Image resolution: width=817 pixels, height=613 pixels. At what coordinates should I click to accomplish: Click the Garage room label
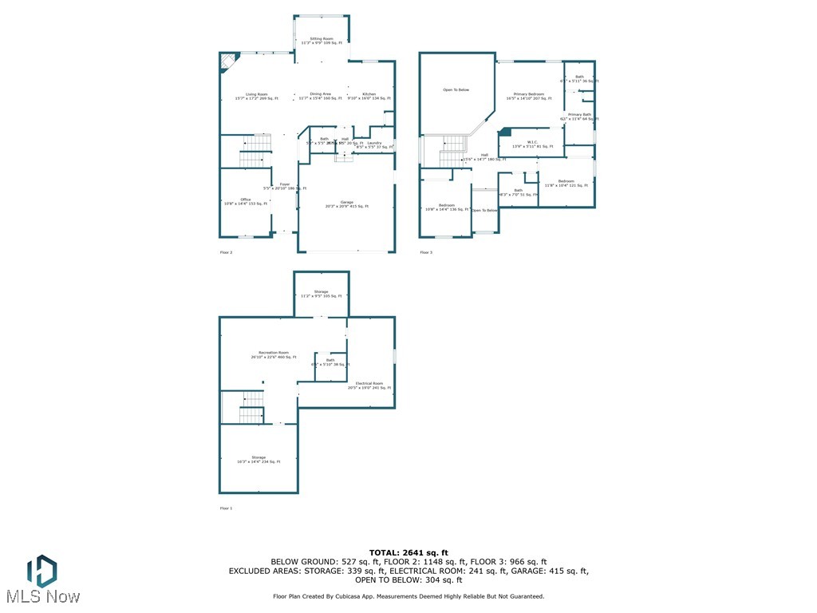pos(347,204)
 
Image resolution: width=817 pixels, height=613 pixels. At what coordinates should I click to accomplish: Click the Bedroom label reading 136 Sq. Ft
pos(447,208)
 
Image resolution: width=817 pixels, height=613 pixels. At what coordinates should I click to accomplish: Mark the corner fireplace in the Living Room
pos(227,61)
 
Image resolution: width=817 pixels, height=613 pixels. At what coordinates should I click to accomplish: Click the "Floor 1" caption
pos(226,508)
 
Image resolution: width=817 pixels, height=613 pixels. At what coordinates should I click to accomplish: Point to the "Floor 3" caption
pos(426,252)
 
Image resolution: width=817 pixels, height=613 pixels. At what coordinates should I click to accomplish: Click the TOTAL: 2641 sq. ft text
pos(408,552)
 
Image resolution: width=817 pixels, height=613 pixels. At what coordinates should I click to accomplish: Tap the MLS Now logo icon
pos(41,571)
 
